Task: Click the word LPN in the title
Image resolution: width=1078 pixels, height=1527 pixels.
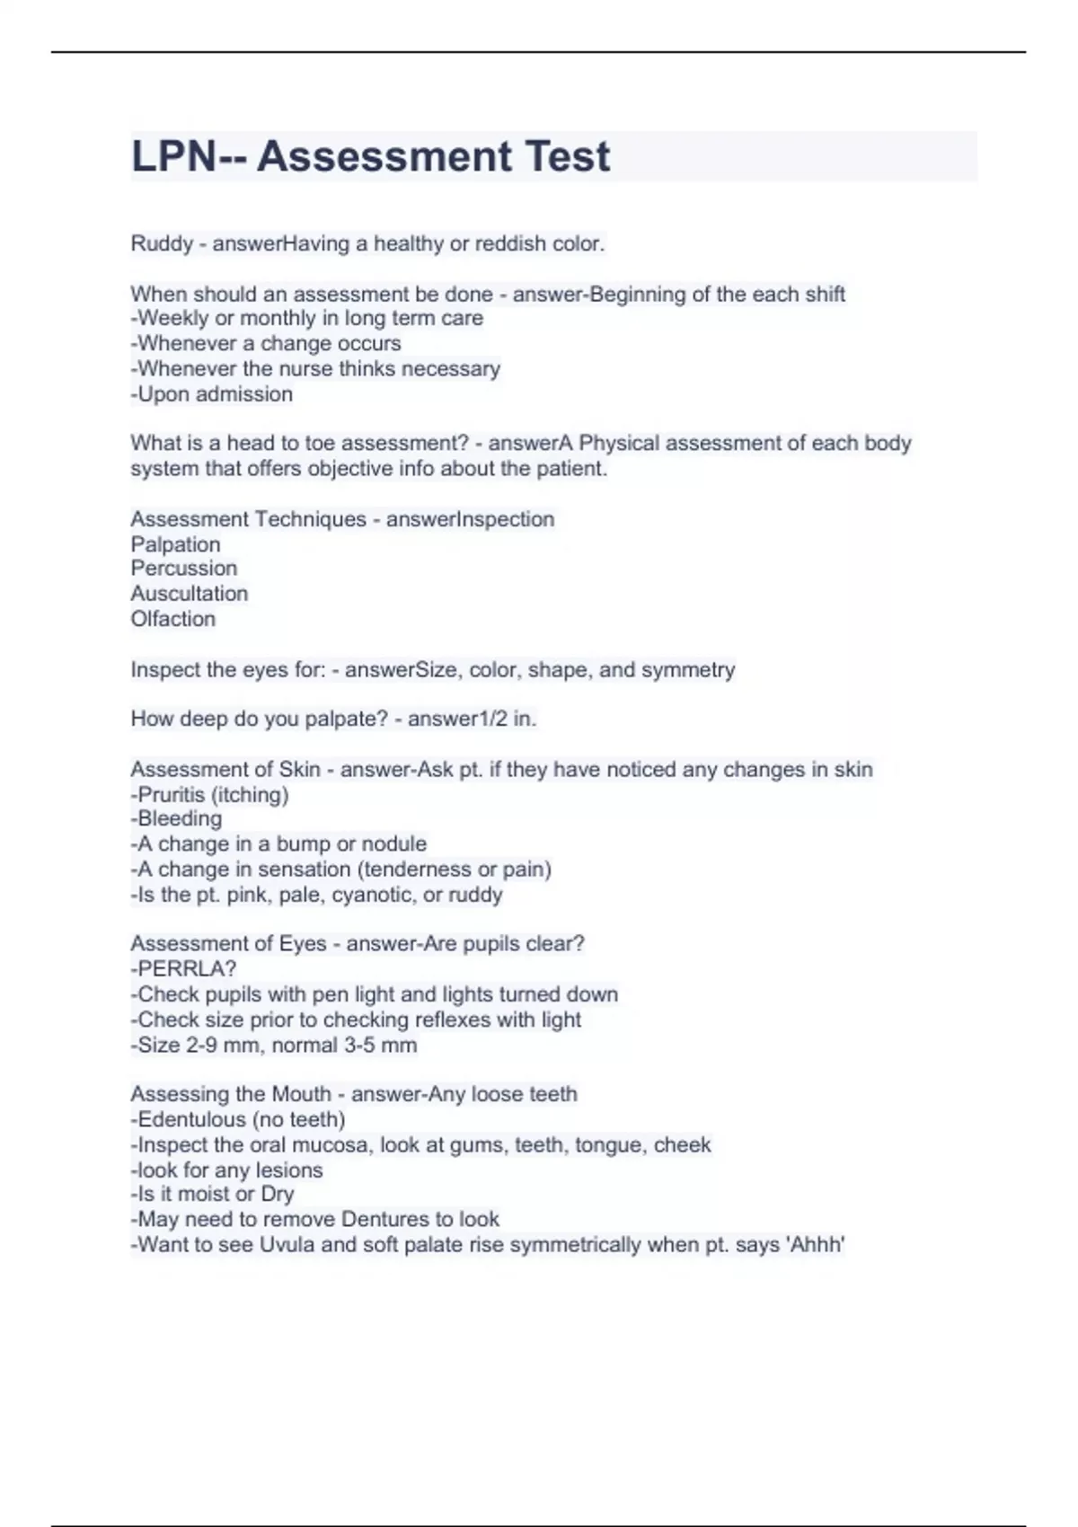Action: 173,156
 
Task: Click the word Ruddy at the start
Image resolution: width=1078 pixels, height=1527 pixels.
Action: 162,243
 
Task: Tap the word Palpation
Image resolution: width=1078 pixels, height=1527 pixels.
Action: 175,544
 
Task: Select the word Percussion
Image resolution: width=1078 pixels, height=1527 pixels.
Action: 184,569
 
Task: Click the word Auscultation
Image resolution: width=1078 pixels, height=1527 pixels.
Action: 190,594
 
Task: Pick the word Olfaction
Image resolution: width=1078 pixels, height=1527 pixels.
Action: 173,619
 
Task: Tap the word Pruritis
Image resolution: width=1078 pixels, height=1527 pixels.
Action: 172,795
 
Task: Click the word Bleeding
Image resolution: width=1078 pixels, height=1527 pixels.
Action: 180,819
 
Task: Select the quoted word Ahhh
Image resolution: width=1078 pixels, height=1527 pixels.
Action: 816,1245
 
